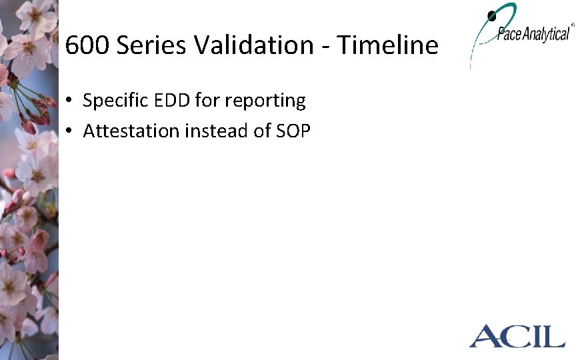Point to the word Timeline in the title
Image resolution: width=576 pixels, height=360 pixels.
point(387,45)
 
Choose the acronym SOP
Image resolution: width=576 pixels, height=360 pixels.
point(293,131)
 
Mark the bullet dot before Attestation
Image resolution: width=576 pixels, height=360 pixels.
point(69,132)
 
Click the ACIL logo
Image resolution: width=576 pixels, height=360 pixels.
point(517,335)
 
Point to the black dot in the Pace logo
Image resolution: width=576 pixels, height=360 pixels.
point(492,15)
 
